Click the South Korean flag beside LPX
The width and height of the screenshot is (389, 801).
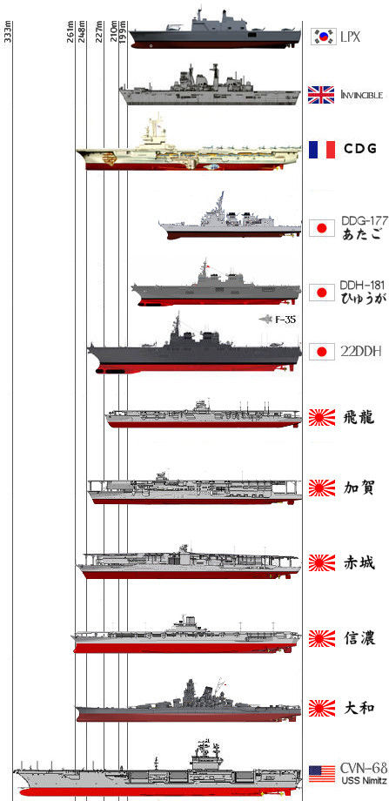pos(324,37)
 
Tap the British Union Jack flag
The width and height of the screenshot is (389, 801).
pos(321,95)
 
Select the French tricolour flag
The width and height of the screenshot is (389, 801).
pos(322,149)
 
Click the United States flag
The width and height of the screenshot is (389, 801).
pos(322,774)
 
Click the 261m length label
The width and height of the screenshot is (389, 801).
pos(70,31)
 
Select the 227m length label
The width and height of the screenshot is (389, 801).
pos(99,31)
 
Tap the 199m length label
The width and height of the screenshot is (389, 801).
pos(123,31)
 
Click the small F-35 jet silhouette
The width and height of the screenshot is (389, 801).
pos(266,320)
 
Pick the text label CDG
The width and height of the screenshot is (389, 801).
pos(360,149)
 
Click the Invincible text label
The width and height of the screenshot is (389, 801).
pos(361,95)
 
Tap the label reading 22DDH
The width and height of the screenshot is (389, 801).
pos(360,352)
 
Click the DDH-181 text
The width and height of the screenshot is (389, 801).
pos(362,286)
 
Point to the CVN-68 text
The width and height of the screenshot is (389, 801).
pos(364,768)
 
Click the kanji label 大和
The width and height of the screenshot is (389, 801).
pos(359,708)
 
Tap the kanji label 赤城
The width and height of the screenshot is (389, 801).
pos(359,563)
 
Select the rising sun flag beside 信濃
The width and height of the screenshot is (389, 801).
pos(322,638)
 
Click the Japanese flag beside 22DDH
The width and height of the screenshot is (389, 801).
pos(322,352)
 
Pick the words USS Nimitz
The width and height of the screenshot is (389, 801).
pos(364,781)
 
